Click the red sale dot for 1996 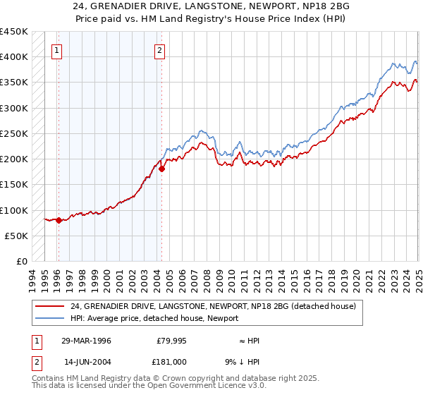(x=59, y=220)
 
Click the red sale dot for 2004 (x=161, y=169)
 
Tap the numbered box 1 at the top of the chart (x=56, y=50)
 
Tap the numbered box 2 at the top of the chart (x=160, y=50)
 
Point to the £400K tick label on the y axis (x=14, y=57)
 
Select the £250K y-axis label (x=14, y=133)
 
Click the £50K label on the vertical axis (x=17, y=236)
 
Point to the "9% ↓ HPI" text (x=243, y=361)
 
